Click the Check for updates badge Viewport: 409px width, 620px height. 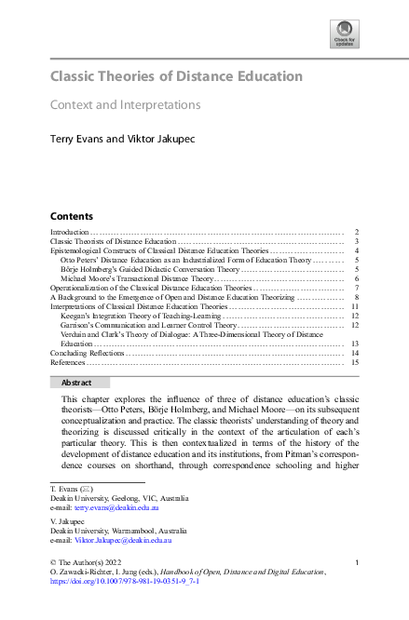[x=344, y=35]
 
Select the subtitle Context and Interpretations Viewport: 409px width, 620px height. [x=125, y=105]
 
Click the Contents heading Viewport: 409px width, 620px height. [x=71, y=214]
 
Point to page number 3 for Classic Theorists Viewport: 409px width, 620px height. [x=357, y=241]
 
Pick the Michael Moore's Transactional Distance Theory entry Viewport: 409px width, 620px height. [x=137, y=278]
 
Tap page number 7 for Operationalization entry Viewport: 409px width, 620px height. [x=357, y=289]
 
